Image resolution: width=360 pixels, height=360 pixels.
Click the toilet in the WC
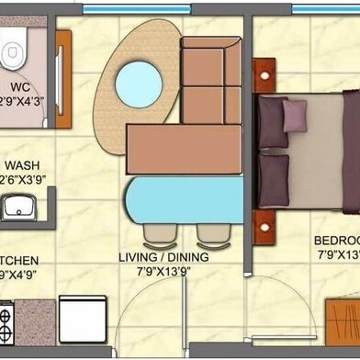pos(11,54)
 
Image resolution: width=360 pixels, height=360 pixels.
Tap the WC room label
pos(21,88)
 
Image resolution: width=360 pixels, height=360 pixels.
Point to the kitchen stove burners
pos(5,321)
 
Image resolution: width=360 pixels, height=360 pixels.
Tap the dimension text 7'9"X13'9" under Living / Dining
pos(166,273)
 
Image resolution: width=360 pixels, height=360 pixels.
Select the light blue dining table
pos(184,200)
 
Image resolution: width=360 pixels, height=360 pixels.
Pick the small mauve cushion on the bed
pos(295,115)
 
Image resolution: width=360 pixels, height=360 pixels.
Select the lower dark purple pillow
pos(273,180)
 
